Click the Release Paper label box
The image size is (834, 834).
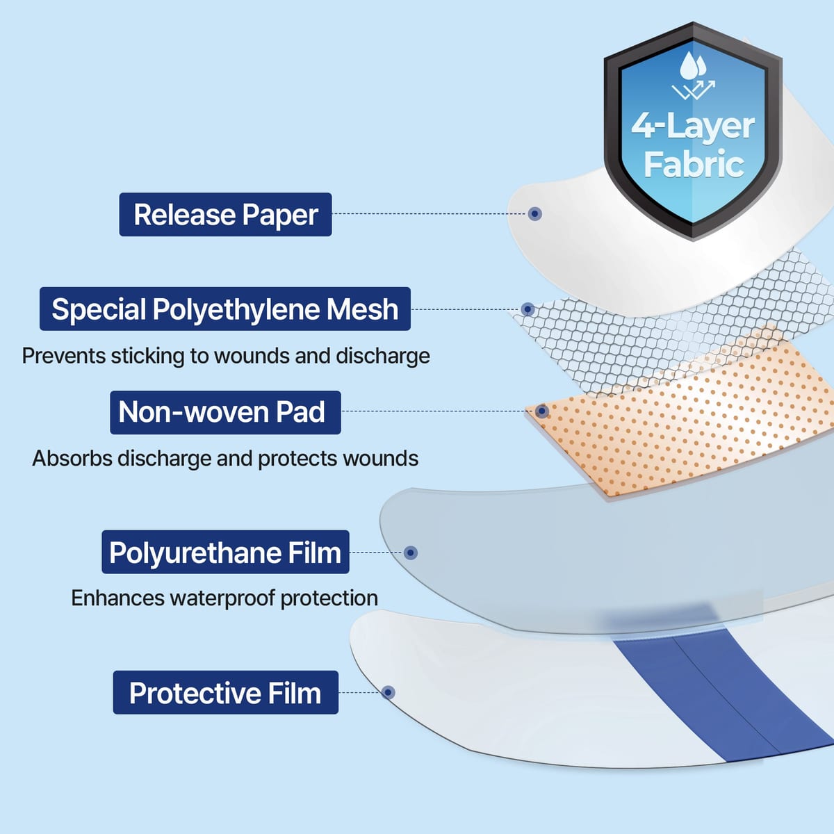click(225, 214)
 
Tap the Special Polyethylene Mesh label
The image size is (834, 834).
click(225, 309)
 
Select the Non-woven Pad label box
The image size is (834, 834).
click(225, 412)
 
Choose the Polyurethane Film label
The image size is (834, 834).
click(225, 552)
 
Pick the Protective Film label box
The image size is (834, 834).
click(225, 692)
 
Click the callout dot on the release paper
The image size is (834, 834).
click(535, 214)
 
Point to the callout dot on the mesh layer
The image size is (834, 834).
click(528, 309)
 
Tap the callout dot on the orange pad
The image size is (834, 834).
click(542, 411)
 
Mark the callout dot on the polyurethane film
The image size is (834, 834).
click(410, 553)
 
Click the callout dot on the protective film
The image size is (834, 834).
click(389, 692)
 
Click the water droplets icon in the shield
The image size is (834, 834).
click(693, 65)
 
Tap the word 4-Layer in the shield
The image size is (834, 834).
click(693, 126)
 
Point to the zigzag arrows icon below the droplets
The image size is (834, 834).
click(694, 90)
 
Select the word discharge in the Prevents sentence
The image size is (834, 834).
click(382, 357)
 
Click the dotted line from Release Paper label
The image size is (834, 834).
click(430, 214)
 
